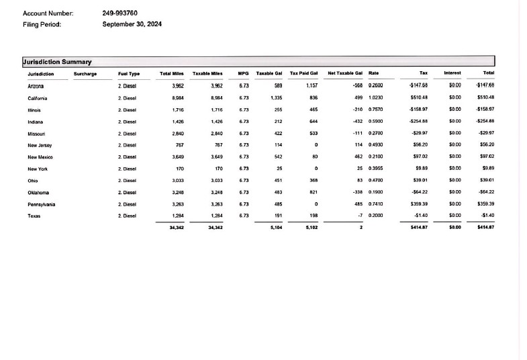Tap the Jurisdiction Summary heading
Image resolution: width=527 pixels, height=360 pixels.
coord(57,62)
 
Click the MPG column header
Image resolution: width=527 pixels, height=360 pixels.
coord(244,73)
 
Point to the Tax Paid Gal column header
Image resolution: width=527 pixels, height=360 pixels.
coord(303,73)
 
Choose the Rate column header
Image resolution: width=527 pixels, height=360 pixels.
coord(374,73)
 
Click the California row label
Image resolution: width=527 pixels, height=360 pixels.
coord(38,98)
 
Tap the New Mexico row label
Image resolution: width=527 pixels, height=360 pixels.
coord(40,157)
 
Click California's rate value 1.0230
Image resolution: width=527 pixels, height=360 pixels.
coord(376,98)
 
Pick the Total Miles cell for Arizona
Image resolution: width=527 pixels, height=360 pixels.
coord(177,86)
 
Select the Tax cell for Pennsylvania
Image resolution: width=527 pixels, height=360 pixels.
coord(419,204)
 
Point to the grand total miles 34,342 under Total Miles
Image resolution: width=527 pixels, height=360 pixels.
coord(177,228)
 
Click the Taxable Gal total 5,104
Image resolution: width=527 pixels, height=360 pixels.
coord(275,228)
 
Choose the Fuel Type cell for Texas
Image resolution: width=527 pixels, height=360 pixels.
coord(128,216)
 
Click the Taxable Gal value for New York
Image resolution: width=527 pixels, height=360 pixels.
coord(279,169)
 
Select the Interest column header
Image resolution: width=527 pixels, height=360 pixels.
coord(452,73)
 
